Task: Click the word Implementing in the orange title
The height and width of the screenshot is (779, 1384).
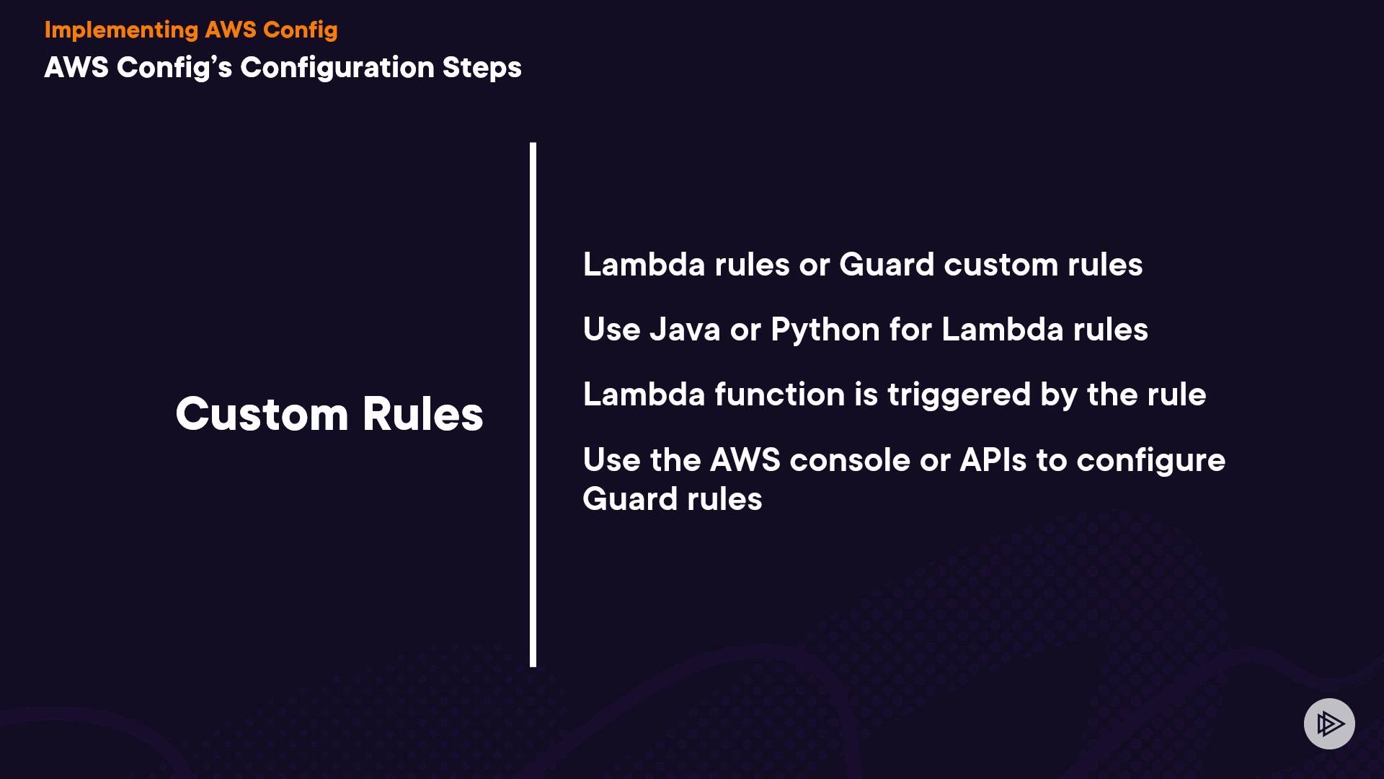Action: [x=121, y=30]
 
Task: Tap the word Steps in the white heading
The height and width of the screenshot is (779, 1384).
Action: [x=482, y=67]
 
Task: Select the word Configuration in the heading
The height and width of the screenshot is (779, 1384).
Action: [x=337, y=67]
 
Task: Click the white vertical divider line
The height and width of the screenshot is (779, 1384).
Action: [x=533, y=404]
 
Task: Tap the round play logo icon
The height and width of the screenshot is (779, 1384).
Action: [x=1329, y=723]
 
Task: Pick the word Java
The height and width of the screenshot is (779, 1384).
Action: [x=684, y=330]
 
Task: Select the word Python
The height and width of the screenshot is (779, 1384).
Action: [x=825, y=330]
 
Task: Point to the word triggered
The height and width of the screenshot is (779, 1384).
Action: [x=959, y=395]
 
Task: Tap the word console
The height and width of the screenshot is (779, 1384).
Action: [x=850, y=460]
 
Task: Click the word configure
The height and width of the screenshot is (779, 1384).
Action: [x=1150, y=460]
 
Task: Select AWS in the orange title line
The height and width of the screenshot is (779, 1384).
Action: [x=231, y=30]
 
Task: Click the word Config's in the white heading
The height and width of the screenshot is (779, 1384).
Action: [x=174, y=67]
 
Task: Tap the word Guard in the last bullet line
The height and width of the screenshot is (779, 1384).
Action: [x=629, y=499]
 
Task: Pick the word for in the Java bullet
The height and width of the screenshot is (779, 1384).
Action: [x=910, y=330]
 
